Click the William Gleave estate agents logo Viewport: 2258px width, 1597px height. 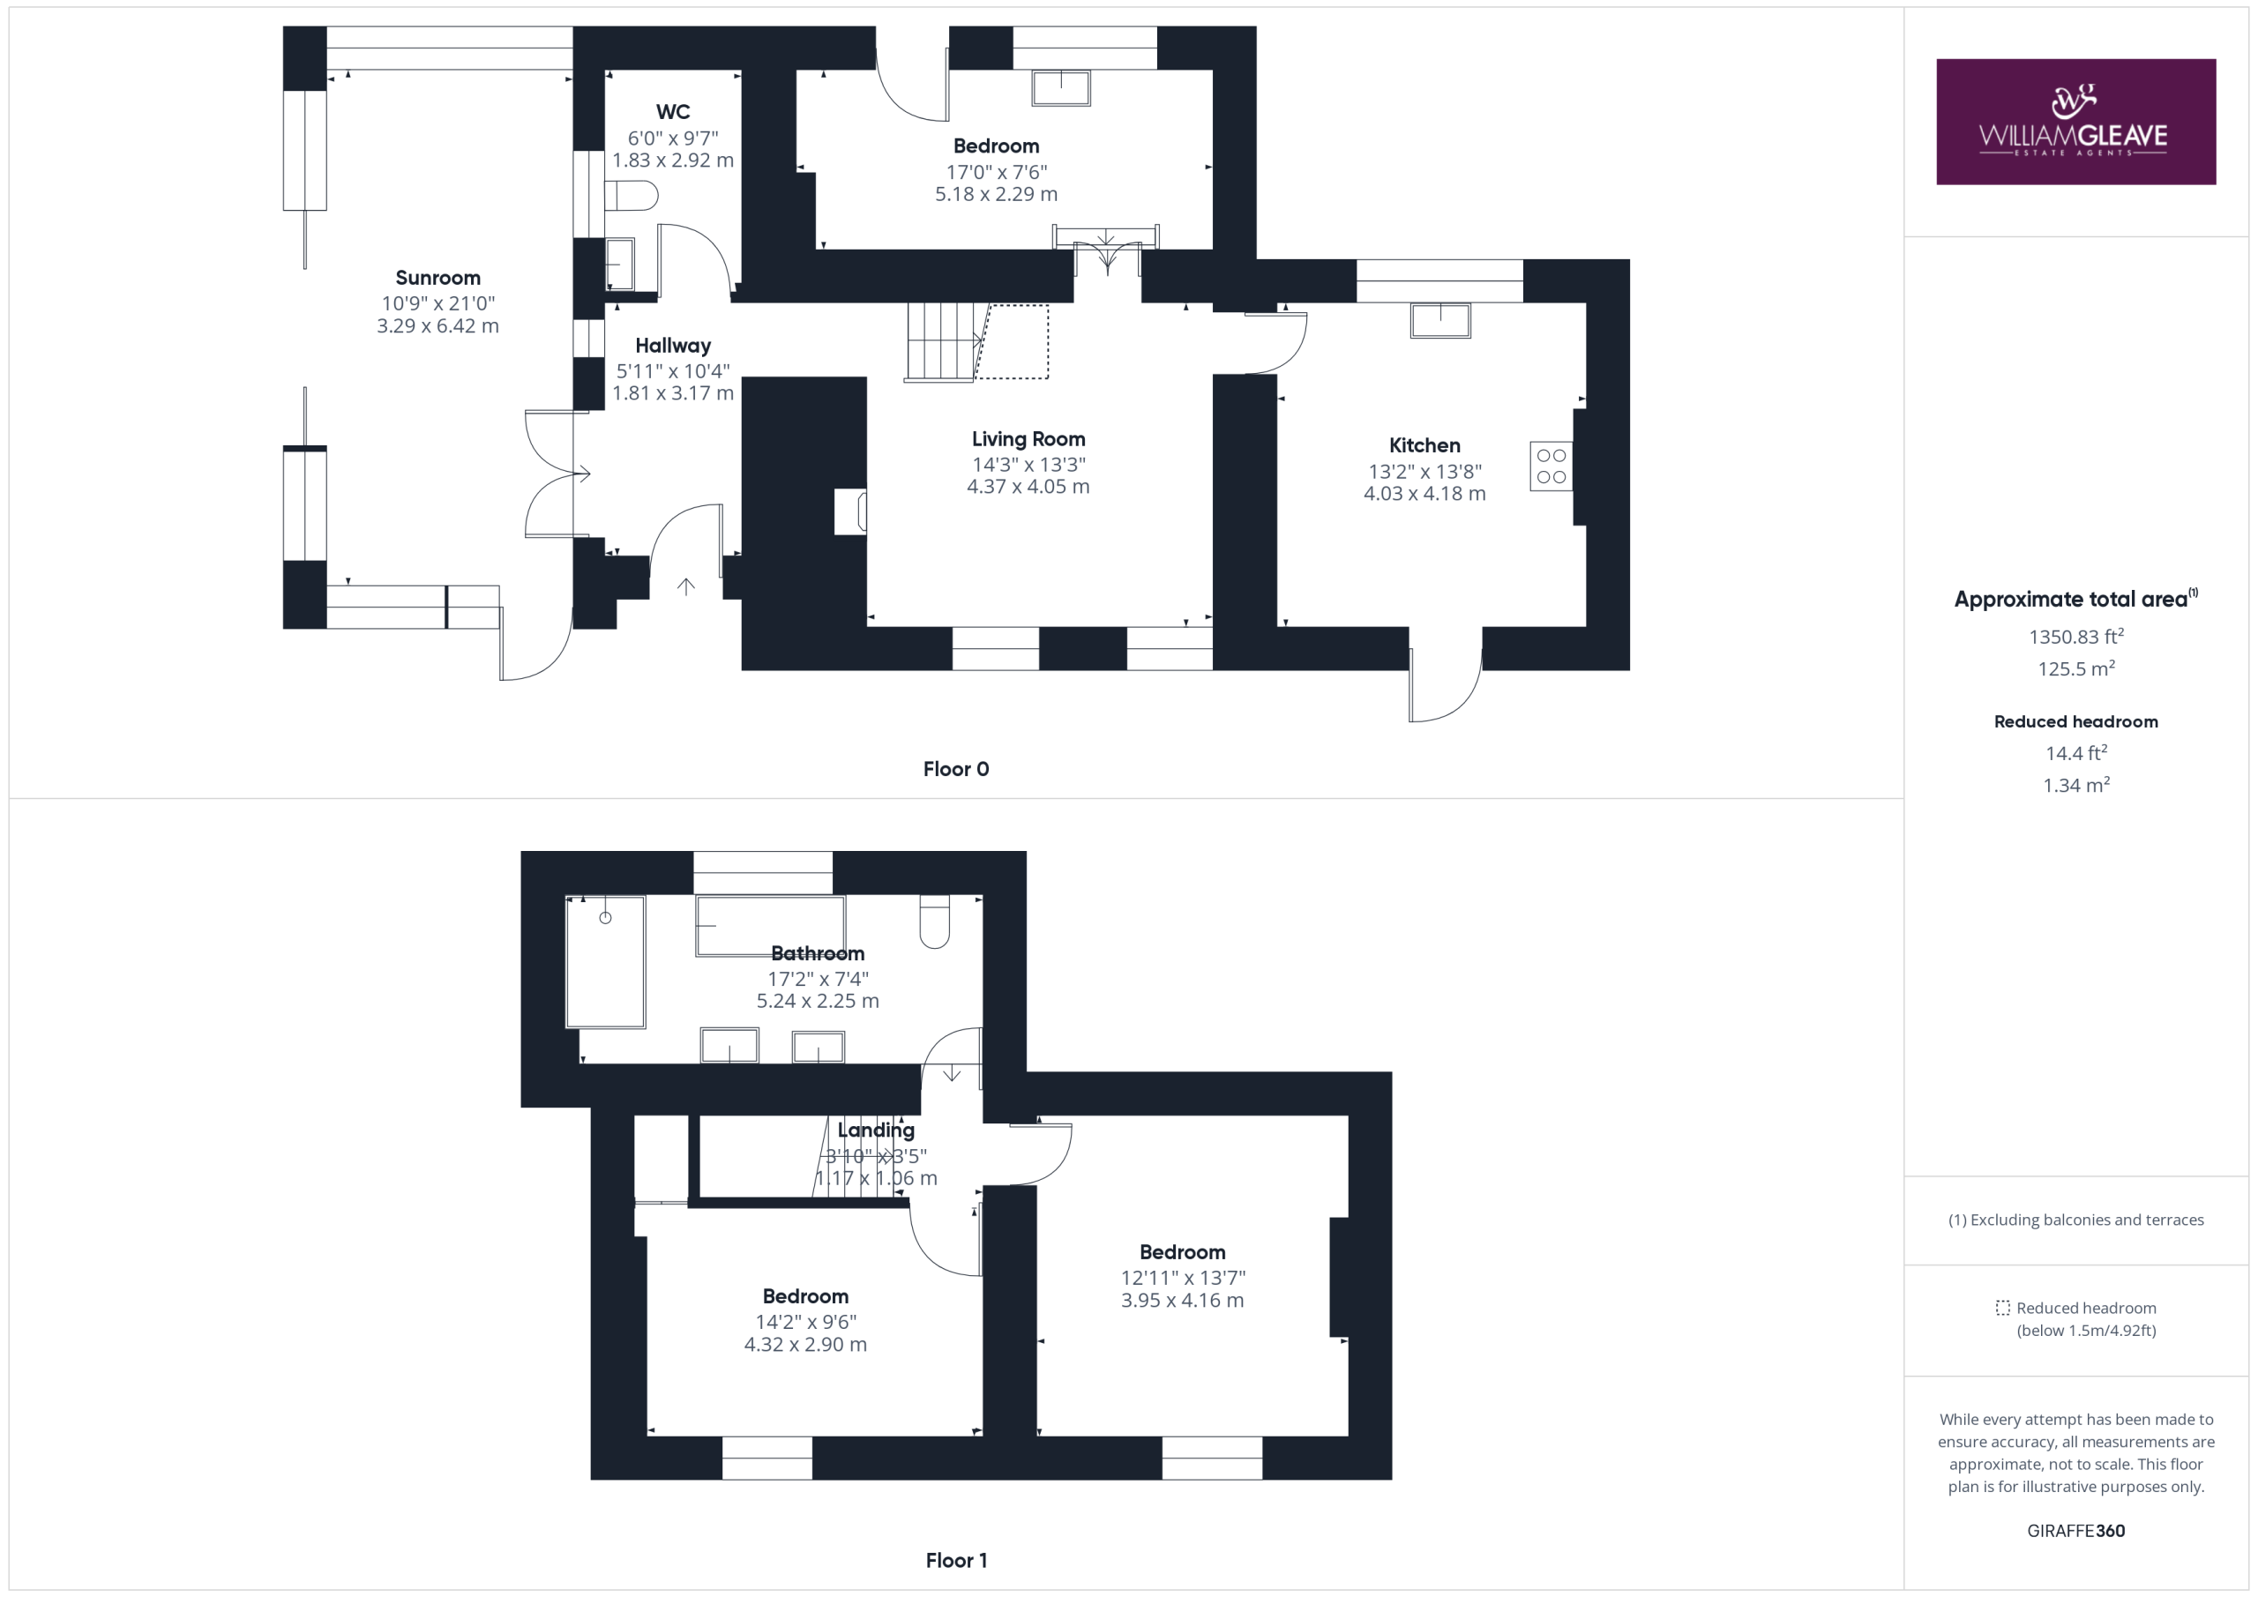click(2075, 122)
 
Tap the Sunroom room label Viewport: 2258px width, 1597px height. click(437, 279)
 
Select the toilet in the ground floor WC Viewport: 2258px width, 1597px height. click(631, 195)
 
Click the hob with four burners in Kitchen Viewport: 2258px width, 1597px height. click(1551, 466)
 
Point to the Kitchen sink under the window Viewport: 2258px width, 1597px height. click(1439, 321)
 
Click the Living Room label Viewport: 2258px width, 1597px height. click(1028, 439)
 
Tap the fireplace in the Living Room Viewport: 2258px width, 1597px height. click(850, 511)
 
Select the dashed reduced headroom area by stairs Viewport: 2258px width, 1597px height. click(1012, 341)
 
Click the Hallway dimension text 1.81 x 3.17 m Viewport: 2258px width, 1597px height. click(673, 393)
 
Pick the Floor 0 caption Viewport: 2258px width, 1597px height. click(956, 769)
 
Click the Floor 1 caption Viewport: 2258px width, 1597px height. click(956, 1561)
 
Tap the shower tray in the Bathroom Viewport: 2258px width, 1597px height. click(605, 962)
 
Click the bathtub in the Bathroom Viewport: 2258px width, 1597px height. click(770, 925)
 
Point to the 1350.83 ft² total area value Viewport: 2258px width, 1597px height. click(2075, 637)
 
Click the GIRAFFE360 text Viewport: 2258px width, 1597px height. click(2075, 1530)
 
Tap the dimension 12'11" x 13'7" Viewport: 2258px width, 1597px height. click(1183, 1278)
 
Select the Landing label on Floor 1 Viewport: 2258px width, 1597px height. click(875, 1130)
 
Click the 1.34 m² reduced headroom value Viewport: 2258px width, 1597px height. click(2075, 785)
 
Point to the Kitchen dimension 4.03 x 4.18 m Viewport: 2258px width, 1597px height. click(1424, 494)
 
